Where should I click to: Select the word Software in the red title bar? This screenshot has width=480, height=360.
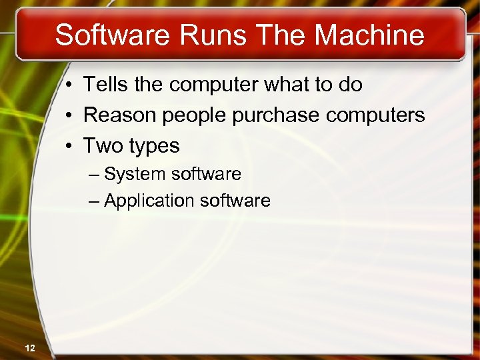point(112,35)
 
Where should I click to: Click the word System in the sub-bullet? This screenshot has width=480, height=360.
point(135,175)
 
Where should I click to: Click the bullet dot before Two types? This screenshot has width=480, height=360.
point(69,146)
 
